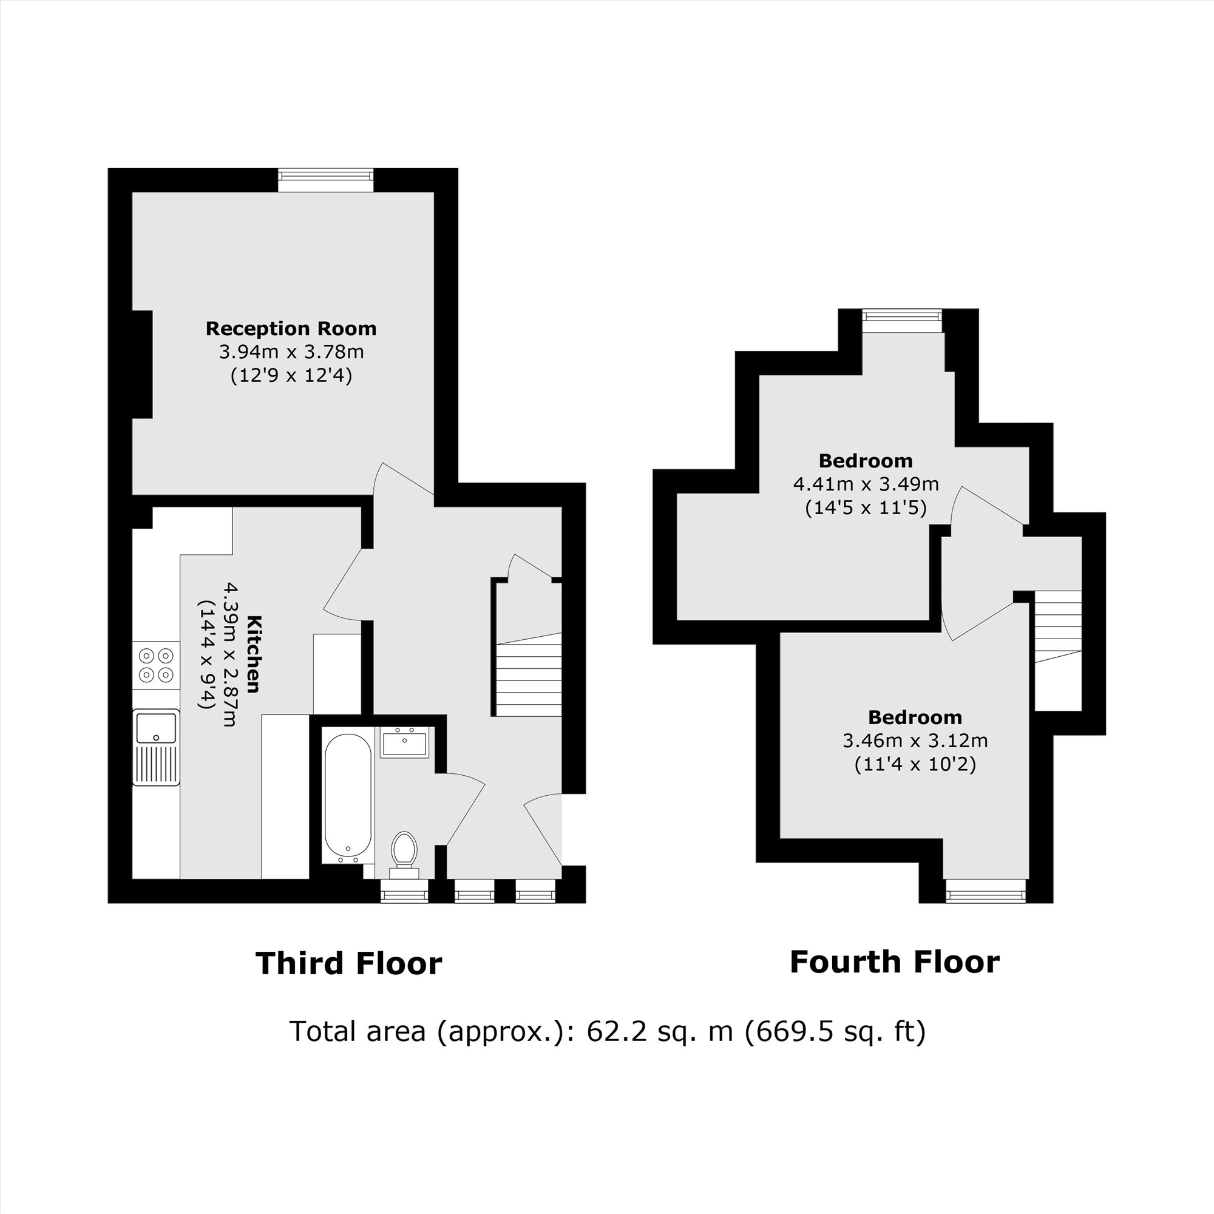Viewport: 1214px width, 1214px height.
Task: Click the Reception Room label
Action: [291, 328]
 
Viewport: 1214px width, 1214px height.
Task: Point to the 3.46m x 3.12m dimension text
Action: [914, 740]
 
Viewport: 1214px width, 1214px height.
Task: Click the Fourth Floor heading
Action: [894, 962]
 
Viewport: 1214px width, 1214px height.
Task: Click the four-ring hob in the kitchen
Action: [156, 665]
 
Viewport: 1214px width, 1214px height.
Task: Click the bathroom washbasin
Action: [404, 743]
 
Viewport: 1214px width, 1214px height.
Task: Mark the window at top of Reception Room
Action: [325, 180]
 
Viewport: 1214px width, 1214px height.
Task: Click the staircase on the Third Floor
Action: [529, 676]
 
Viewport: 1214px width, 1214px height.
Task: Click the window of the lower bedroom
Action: [985, 890]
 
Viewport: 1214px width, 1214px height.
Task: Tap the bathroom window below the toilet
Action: [404, 890]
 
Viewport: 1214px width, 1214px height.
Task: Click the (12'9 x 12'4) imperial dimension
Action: [291, 376]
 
